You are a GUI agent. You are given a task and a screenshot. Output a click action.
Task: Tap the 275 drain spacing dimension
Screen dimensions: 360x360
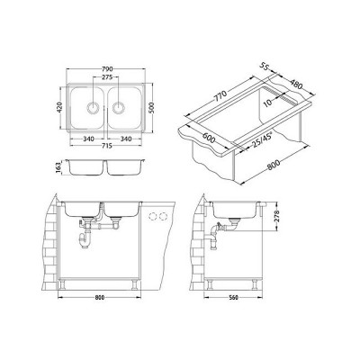click(x=107, y=77)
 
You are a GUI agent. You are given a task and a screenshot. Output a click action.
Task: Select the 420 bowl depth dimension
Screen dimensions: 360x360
click(x=59, y=107)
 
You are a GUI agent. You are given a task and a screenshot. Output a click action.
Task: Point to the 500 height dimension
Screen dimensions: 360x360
click(x=151, y=107)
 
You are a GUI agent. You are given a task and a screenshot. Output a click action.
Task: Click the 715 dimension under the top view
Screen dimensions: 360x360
click(x=107, y=146)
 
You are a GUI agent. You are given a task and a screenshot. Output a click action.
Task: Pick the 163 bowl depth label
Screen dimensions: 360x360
click(x=58, y=166)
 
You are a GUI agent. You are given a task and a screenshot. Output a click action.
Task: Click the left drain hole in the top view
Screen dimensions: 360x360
click(x=93, y=107)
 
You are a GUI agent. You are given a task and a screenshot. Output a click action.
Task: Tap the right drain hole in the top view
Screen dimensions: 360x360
click(x=119, y=107)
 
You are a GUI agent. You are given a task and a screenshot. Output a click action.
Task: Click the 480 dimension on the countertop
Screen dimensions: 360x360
click(x=296, y=85)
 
